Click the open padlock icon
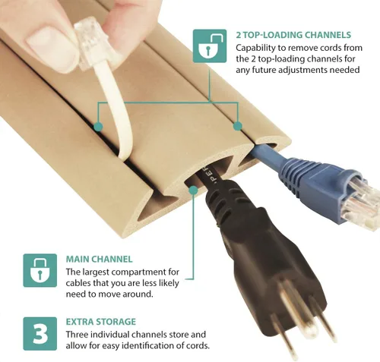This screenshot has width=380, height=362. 210,46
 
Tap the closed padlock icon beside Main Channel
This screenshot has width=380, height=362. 40,270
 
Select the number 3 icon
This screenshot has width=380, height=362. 40,334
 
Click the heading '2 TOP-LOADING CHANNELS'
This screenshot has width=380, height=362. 293,35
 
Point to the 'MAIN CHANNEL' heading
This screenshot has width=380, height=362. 99,260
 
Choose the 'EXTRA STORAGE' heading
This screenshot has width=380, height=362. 101,322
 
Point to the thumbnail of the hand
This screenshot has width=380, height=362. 51,49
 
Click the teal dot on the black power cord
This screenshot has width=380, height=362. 193,190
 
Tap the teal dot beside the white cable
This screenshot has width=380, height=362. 98,127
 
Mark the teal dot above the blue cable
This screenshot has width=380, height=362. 237,126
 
